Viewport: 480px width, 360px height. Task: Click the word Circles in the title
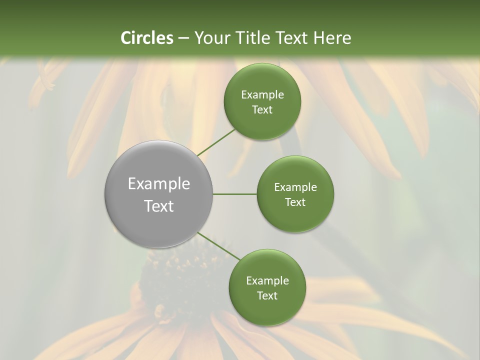[147, 38]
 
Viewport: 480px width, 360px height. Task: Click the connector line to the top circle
[216, 142]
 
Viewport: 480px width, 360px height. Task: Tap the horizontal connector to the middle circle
[235, 194]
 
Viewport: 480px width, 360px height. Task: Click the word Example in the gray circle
[159, 184]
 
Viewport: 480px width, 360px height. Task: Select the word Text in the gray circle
[159, 206]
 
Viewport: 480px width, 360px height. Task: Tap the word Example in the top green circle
[262, 95]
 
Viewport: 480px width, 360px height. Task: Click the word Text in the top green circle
[262, 109]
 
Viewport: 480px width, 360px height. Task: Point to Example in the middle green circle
[295, 187]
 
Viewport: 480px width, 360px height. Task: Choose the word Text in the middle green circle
[295, 202]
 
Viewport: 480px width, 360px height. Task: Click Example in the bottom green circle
[267, 281]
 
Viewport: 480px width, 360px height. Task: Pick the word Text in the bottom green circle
[267, 295]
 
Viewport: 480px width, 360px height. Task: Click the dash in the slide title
[183, 38]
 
